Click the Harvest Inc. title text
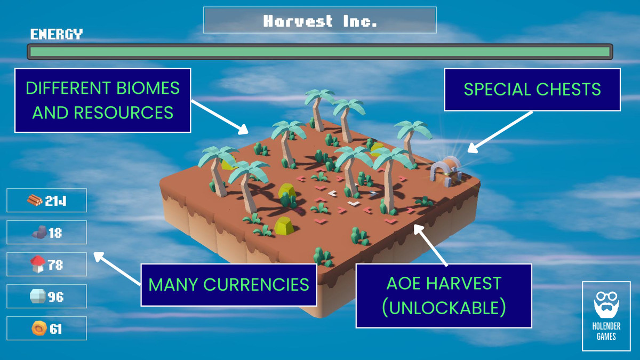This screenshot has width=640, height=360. (320, 21)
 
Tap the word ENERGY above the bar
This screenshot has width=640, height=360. (57, 35)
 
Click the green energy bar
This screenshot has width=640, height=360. (320, 52)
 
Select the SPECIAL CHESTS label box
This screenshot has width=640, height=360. (532, 90)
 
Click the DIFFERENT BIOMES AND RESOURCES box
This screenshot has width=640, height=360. (102, 100)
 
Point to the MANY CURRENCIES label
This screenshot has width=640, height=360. (229, 284)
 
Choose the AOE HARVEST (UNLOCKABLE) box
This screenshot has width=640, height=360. (444, 295)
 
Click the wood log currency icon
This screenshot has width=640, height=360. (35, 201)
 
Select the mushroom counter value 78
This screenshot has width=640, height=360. (55, 265)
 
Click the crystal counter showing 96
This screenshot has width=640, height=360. (56, 297)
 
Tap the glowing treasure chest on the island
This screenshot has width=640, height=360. (447, 171)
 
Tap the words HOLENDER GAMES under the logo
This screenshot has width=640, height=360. (606, 331)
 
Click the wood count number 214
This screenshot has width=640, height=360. (59, 201)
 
